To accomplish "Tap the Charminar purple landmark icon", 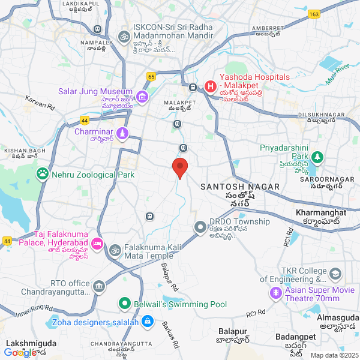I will point(122,132).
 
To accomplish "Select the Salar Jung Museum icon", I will point(142,97).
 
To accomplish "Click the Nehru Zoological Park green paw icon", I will point(43,174).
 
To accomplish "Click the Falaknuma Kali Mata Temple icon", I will point(116,248).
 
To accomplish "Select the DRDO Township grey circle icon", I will point(199,227).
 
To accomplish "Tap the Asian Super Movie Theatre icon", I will point(275,293).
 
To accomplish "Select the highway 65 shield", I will point(151,76).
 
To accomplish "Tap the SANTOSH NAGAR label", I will point(241,187).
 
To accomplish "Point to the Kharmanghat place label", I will point(321,212).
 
